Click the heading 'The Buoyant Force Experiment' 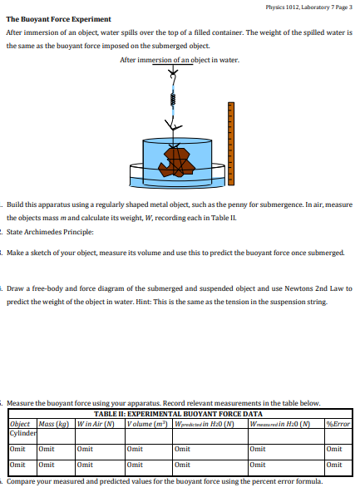[x=59, y=19]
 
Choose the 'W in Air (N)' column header [x=93, y=422]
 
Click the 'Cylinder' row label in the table [x=22, y=431]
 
